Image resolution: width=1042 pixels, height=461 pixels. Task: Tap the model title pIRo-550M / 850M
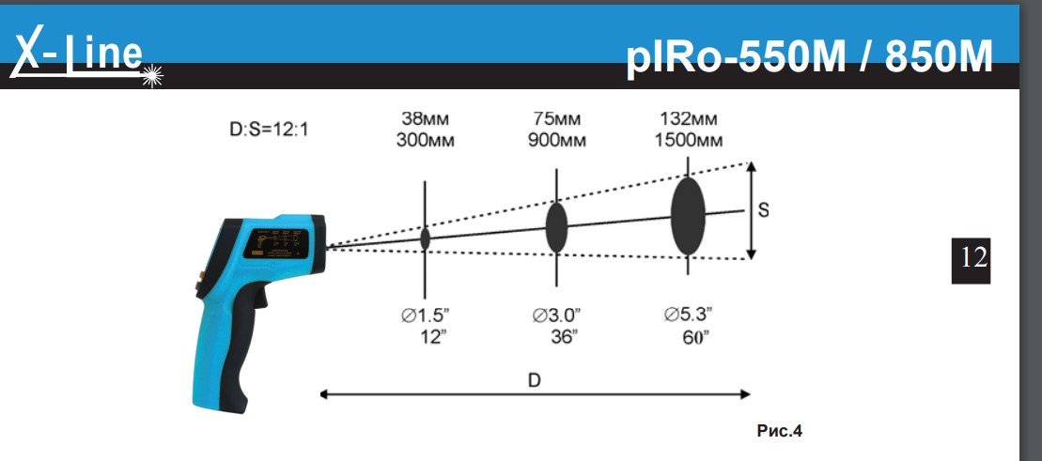(x=809, y=57)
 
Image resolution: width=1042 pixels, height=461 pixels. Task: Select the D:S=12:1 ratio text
(x=269, y=130)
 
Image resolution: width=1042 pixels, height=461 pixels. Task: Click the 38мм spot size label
(x=426, y=119)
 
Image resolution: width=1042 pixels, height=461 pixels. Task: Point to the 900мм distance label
(x=557, y=141)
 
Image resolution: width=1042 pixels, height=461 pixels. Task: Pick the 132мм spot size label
(x=689, y=119)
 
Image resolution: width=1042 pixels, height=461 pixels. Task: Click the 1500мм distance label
(x=689, y=141)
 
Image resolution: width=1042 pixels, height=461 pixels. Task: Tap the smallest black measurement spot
(x=426, y=239)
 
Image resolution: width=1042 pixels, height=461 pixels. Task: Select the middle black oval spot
(x=556, y=228)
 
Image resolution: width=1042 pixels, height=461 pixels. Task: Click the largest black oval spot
(x=688, y=215)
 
